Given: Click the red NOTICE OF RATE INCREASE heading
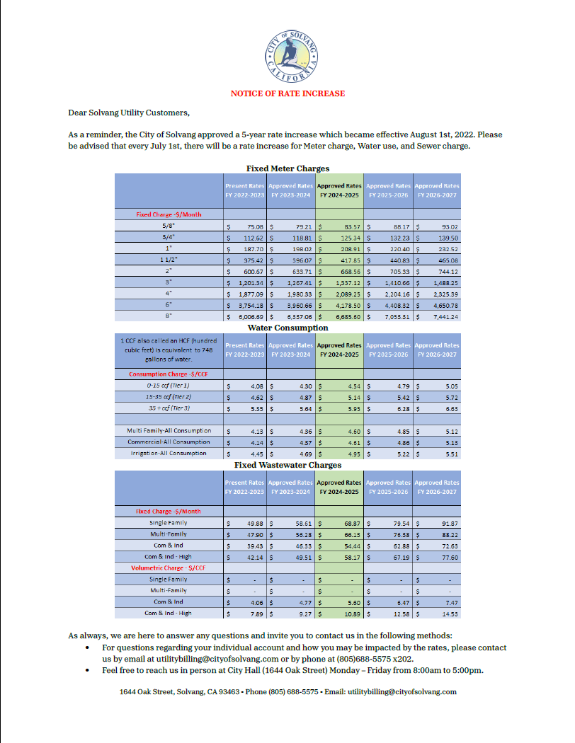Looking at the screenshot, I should [287, 93].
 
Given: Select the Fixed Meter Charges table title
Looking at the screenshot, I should [287, 168].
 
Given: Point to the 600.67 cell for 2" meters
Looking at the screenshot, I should [246, 271].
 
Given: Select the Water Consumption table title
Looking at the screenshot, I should [287, 328].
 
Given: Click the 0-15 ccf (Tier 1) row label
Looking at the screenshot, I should [169, 386].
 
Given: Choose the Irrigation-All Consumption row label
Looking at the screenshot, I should [169, 453].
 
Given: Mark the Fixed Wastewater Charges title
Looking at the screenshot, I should [287, 465].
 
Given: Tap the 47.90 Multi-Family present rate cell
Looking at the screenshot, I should [246, 534].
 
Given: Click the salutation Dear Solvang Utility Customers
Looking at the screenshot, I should [129, 113].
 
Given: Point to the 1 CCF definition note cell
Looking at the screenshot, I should [169, 350].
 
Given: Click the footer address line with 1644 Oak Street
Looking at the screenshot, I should [287, 692].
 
